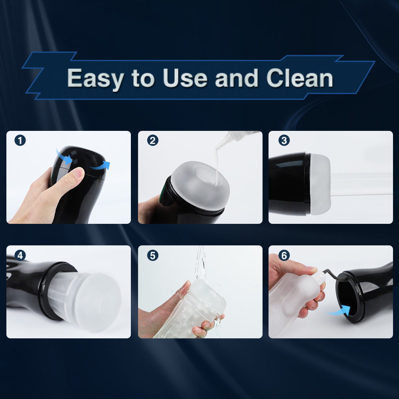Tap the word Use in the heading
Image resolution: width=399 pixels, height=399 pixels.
coord(185,78)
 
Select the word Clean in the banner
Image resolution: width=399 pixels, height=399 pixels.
coord(300,78)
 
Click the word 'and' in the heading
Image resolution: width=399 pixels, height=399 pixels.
coord(237,78)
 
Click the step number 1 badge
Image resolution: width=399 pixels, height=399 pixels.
coord(20,140)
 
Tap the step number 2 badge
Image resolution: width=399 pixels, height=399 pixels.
coord(153,140)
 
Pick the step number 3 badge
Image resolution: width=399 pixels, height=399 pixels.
coord(284,140)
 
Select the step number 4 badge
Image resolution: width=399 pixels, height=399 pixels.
coord(20,255)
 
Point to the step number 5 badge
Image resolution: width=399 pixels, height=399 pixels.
coord(153,255)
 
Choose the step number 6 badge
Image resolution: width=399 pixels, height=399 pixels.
coord(284,255)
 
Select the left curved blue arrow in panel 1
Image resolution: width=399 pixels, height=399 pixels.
coord(63,156)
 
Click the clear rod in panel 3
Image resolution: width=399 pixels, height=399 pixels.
coord(361,184)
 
